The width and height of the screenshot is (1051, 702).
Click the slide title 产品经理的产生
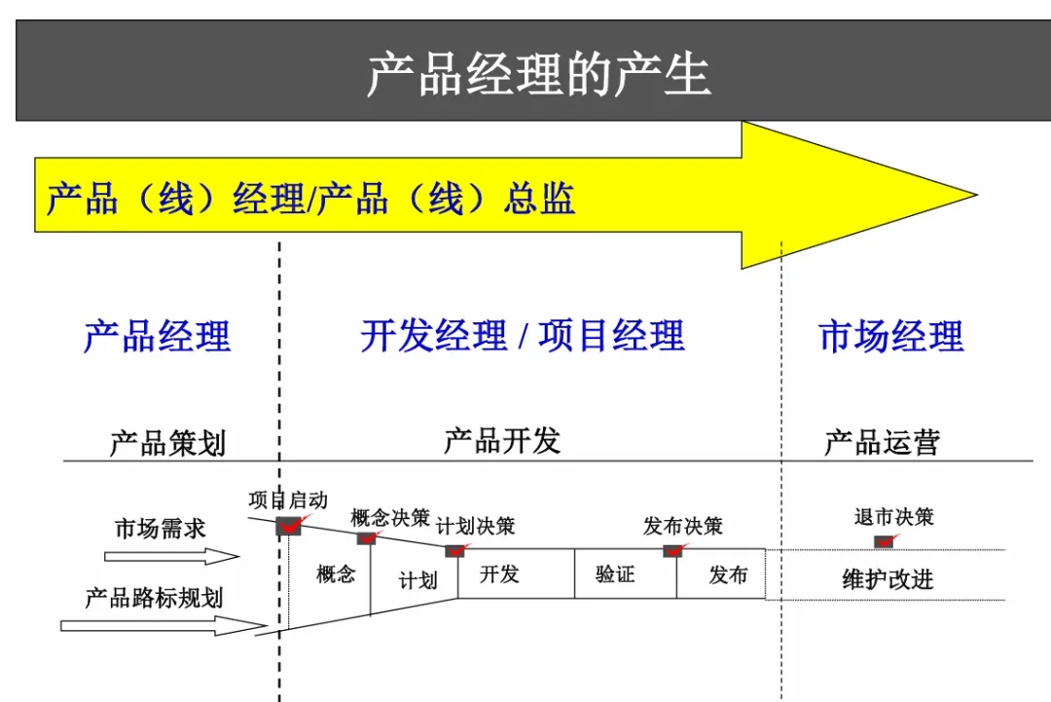click(538, 75)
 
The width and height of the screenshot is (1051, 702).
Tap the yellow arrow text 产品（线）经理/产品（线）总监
click(310, 199)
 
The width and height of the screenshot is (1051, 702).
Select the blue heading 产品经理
click(158, 336)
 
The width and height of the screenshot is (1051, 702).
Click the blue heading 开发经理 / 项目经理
click(523, 336)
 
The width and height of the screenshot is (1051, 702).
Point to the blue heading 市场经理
click(891, 336)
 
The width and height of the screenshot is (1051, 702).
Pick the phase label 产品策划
click(166, 443)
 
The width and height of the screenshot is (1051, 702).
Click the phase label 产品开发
click(502, 441)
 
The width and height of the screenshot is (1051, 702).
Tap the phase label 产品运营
click(882, 443)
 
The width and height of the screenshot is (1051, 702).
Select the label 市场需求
click(161, 529)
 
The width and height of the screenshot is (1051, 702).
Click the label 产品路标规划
click(154, 597)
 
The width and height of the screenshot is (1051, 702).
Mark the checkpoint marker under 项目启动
click(290, 526)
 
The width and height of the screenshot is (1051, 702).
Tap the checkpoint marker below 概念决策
click(367, 537)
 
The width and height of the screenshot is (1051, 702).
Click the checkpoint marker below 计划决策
click(454, 550)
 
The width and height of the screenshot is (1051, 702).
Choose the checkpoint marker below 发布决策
click(672, 550)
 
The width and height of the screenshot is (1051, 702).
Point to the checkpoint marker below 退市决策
click(884, 541)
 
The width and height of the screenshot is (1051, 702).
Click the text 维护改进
click(888, 579)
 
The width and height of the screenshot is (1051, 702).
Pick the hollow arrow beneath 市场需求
click(171, 557)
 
